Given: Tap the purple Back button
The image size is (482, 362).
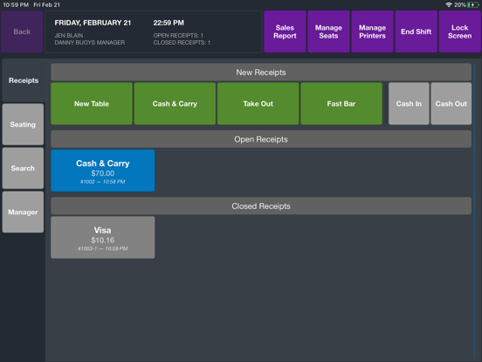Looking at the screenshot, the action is pyautogui.click(x=22, y=31).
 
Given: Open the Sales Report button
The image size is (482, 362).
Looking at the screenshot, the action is pyautogui.click(x=285, y=31).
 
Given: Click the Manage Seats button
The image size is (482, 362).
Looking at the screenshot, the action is pyautogui.click(x=328, y=31).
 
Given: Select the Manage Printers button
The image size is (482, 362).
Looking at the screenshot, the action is pyautogui.click(x=372, y=31).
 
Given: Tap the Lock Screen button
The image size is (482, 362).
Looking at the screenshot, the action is pyautogui.click(x=460, y=31).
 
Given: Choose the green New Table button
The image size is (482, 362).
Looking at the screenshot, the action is pyautogui.click(x=92, y=104).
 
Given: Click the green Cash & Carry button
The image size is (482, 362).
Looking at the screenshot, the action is pyautogui.click(x=175, y=104).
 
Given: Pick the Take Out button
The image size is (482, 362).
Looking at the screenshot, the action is pyautogui.click(x=258, y=104).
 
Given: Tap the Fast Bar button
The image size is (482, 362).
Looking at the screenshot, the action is pyautogui.click(x=341, y=104).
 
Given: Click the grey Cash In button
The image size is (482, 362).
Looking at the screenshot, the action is pyautogui.click(x=409, y=104).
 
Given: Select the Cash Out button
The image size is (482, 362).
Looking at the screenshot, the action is pyautogui.click(x=451, y=104).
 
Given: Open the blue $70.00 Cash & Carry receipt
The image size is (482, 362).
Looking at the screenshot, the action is pyautogui.click(x=103, y=171).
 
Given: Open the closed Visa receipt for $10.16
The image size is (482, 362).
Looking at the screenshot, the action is pyautogui.click(x=103, y=237).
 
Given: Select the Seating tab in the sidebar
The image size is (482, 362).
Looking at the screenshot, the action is pyautogui.click(x=23, y=124).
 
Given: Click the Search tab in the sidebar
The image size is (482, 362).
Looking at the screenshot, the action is pyautogui.click(x=23, y=168).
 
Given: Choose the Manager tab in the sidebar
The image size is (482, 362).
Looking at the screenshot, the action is pyautogui.click(x=23, y=212).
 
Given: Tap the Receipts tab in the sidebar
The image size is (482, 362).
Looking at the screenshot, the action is pyautogui.click(x=24, y=80).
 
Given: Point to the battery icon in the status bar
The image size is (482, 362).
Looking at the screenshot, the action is pyautogui.click(x=473, y=5).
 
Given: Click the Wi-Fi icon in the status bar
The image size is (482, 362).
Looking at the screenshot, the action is pyautogui.click(x=449, y=5).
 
